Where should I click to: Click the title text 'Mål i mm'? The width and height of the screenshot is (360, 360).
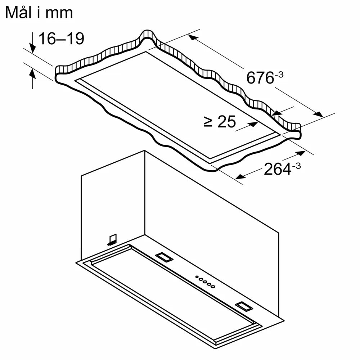(39, 13)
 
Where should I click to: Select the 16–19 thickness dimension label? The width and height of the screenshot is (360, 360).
(61, 39)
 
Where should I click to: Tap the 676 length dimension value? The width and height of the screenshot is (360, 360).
(260, 78)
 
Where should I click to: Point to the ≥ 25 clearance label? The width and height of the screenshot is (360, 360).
(220, 122)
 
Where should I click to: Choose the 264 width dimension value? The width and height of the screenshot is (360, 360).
(277, 169)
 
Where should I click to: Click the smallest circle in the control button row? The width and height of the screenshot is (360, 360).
(197, 277)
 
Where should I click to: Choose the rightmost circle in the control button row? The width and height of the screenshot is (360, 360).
(213, 287)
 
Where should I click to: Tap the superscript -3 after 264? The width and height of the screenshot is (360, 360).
(296, 166)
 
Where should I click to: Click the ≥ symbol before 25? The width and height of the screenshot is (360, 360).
(208, 122)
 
